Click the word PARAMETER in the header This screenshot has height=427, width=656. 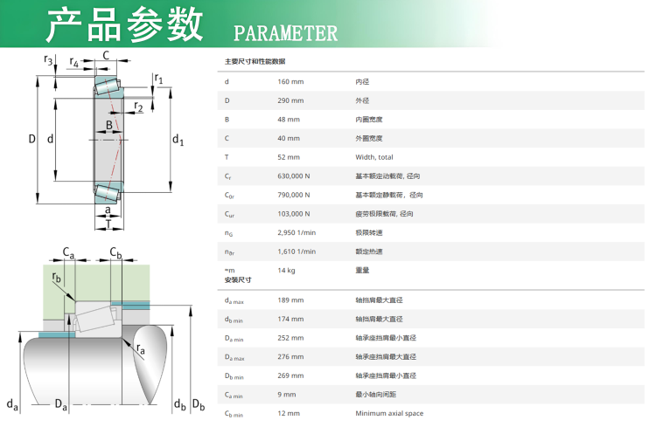285,33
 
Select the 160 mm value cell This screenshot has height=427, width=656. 290,81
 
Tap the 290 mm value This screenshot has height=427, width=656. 290,100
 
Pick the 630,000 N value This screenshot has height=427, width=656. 293,176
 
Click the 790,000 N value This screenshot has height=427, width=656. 293,195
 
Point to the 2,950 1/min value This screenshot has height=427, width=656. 297,232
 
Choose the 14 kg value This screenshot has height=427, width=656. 286,271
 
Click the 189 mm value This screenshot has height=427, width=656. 290,300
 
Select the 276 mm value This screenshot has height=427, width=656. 290,356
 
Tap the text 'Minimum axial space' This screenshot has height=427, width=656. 389,413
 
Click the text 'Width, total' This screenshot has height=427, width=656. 374,157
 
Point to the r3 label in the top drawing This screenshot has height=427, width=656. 48,60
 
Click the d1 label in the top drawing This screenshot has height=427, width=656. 178,140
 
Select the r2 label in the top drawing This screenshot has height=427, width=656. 138,107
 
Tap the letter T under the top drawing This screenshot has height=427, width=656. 108,224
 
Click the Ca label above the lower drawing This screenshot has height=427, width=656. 68,252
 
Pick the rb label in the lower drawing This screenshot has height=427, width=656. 57,278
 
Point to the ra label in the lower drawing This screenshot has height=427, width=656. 141,349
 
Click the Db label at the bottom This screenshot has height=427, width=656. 199,405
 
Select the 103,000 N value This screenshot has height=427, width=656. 293,213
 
